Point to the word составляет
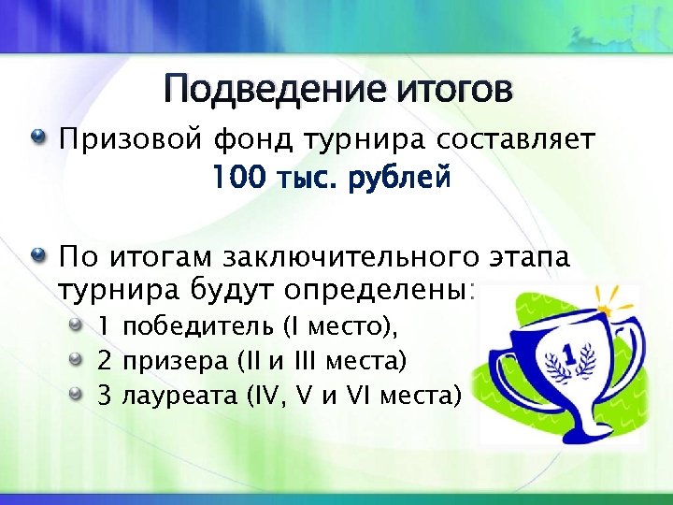click(x=512, y=141)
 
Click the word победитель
click(x=197, y=326)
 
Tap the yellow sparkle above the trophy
click(x=612, y=298)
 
